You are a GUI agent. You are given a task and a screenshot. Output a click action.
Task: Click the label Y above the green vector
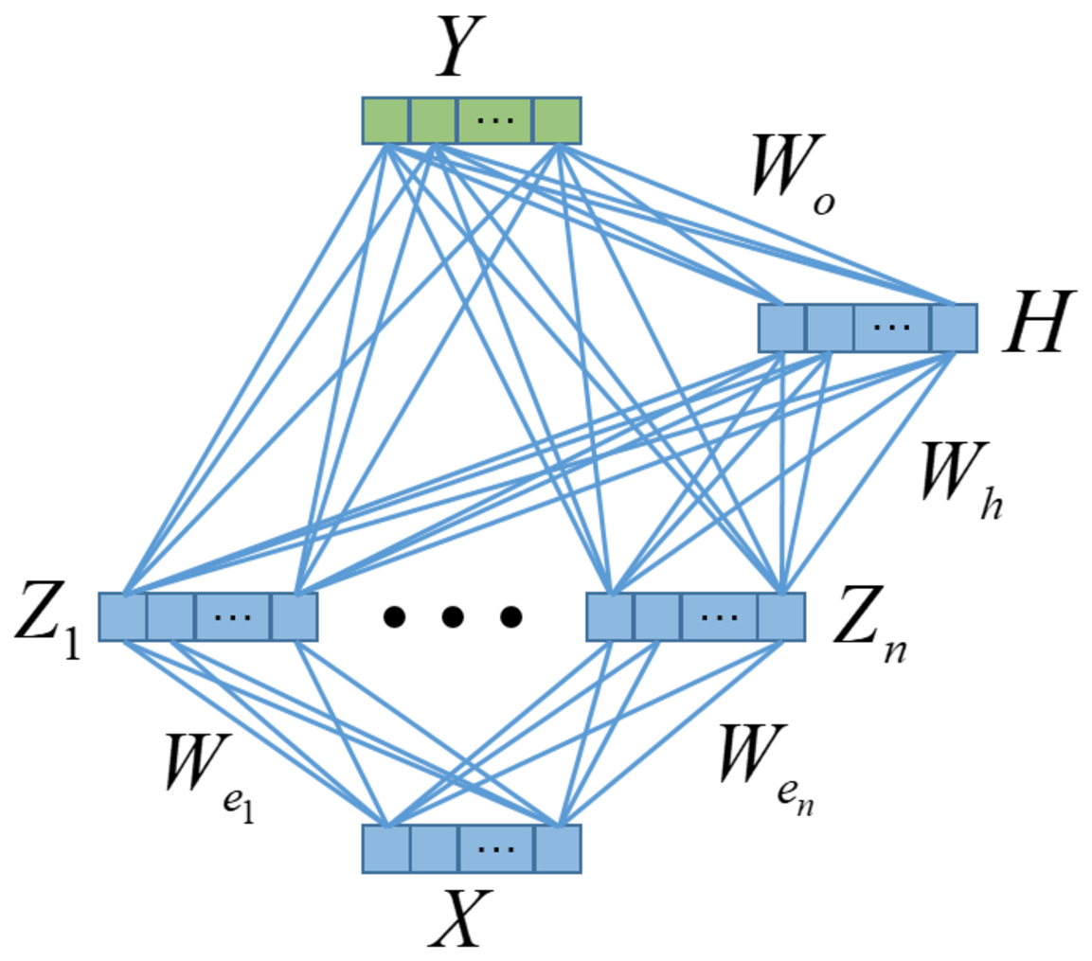[x=459, y=46]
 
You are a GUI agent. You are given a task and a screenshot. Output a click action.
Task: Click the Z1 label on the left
[x=47, y=620]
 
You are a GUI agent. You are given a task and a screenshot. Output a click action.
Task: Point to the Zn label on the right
[x=870, y=622]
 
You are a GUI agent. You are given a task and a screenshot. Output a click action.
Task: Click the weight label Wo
[x=794, y=173]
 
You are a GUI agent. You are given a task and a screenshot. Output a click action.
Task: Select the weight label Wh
[x=961, y=480]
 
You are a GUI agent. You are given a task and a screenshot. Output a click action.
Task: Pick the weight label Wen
[x=765, y=769]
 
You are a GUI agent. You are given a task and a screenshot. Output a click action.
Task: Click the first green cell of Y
[x=385, y=120]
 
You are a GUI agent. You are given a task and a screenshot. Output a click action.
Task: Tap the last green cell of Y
[x=557, y=120]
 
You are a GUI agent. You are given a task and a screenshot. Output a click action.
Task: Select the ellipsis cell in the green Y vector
[x=495, y=120]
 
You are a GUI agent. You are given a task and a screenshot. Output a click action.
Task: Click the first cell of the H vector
[x=782, y=328]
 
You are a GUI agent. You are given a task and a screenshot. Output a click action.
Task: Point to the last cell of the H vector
[x=954, y=328]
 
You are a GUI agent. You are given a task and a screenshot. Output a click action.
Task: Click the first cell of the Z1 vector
[x=123, y=617]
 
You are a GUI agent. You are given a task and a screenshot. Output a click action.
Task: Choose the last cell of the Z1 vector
[x=294, y=617]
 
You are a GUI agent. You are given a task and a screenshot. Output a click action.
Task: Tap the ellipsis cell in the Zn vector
[x=720, y=617]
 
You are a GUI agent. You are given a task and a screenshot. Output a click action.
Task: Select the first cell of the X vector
[x=386, y=849]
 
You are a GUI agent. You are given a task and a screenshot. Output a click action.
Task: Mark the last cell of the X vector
[x=558, y=849]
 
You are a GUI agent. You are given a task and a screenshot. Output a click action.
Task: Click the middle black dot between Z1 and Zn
[x=453, y=617]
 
